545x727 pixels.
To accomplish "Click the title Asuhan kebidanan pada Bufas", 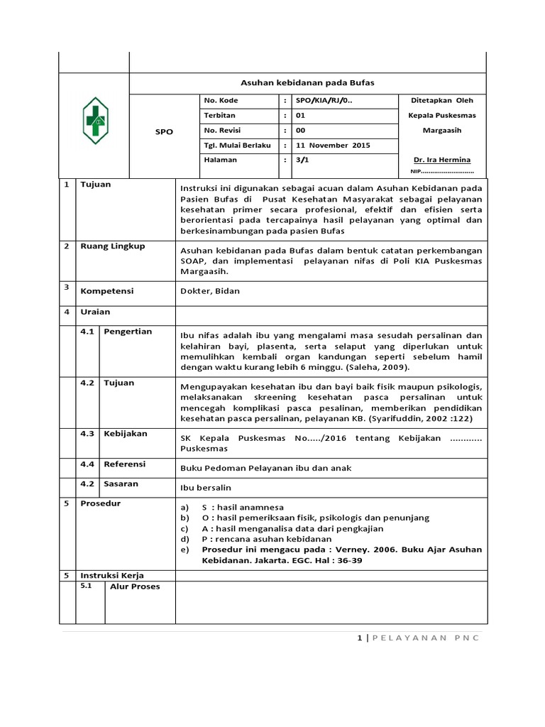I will (308, 83).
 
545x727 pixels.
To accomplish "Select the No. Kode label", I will (221, 101).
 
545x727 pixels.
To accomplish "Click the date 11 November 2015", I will (333, 146).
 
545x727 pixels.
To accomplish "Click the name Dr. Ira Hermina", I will (441, 160).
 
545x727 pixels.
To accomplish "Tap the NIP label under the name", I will (416, 171).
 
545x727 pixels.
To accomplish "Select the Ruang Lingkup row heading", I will (112, 246).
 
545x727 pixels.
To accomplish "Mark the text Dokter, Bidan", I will (210, 291).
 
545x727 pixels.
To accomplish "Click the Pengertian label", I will (128, 332).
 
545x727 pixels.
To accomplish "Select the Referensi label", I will (125, 464).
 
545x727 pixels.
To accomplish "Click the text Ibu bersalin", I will (207, 488).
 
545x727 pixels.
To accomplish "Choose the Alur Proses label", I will (134, 586).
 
